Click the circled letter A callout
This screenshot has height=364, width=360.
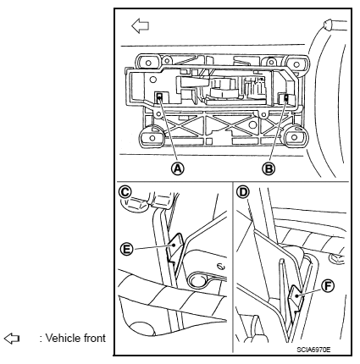(x=178, y=168)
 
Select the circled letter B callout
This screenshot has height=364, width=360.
(x=269, y=168)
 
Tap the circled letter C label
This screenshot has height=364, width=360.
(x=125, y=192)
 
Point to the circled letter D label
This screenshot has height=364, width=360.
(x=243, y=192)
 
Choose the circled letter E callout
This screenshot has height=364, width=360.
(x=126, y=249)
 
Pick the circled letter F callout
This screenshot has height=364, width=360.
(x=328, y=286)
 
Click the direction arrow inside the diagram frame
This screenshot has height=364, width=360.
(x=140, y=25)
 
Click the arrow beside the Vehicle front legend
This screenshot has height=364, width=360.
(x=12, y=338)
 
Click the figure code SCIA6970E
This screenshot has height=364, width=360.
(x=313, y=350)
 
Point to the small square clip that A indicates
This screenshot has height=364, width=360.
(x=159, y=97)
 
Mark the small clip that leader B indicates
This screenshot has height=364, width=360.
(x=286, y=98)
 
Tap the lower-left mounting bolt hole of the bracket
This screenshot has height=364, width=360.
(x=152, y=138)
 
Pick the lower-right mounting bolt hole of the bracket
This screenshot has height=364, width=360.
(x=294, y=137)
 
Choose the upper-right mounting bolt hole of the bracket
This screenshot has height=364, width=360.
(x=296, y=64)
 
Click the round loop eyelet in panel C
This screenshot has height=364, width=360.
(x=197, y=281)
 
